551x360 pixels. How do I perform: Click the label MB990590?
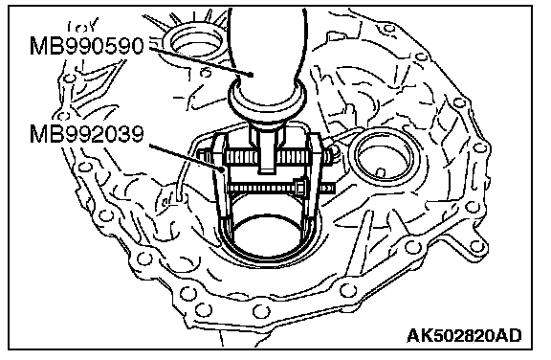pyautogui.click(x=87, y=46)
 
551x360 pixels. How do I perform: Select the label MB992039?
pyautogui.click(x=87, y=134)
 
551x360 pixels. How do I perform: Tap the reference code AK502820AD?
pyautogui.click(x=464, y=335)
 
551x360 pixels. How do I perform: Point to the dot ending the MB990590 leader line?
pyautogui.click(x=251, y=75)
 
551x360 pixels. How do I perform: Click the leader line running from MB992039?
pyautogui.click(x=186, y=156)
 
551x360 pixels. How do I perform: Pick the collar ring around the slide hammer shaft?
pyautogui.click(x=267, y=101)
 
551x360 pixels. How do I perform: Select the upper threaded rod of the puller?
pyautogui.click(x=264, y=157)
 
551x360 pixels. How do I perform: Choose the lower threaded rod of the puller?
pyautogui.click(x=281, y=189)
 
